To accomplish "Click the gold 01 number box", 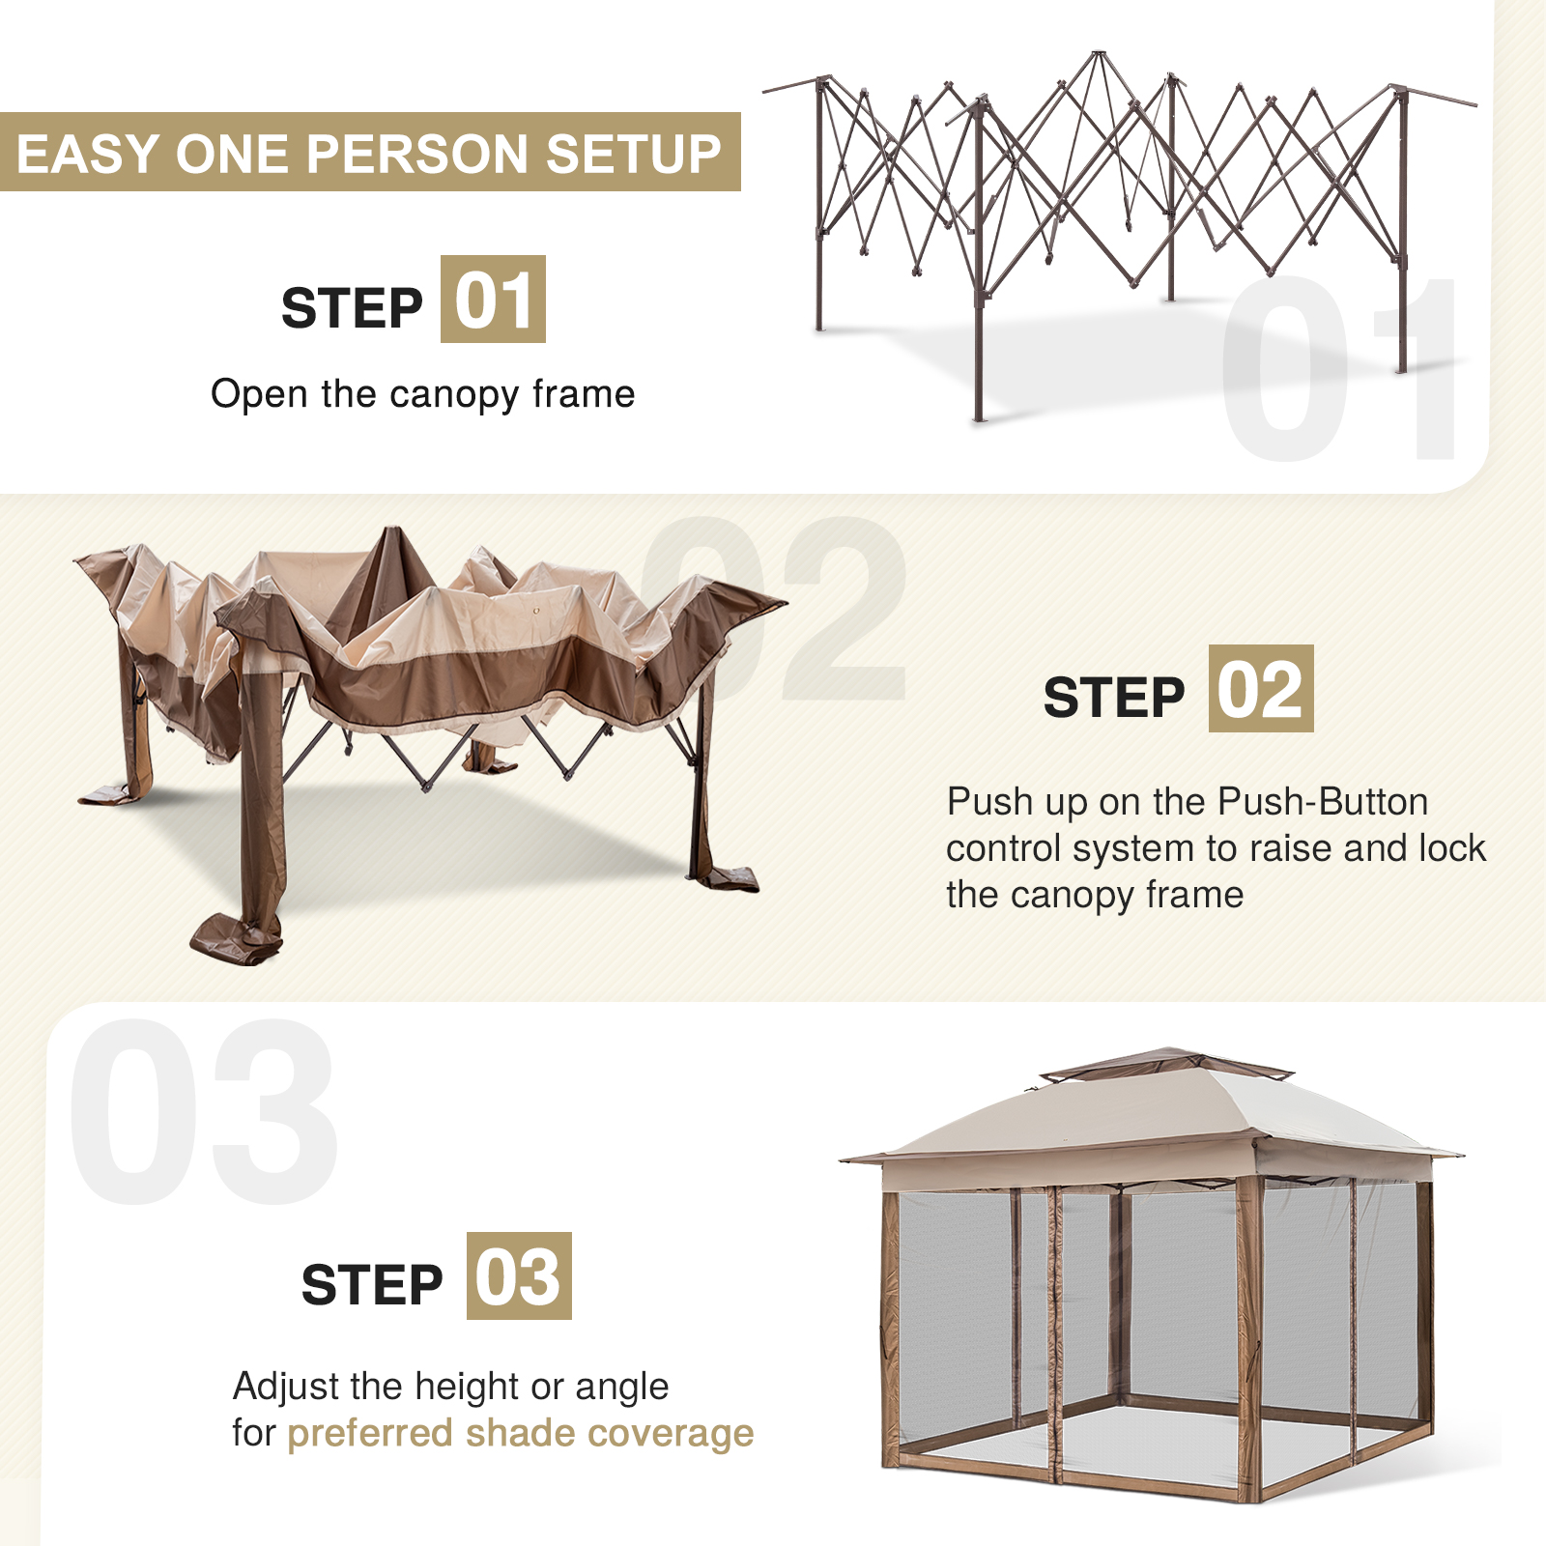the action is point(493,300).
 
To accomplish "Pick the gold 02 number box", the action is point(1261,688).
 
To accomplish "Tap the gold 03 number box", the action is point(519,1275).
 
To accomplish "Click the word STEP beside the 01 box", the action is point(352,308).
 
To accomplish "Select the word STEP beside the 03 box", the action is point(372,1284).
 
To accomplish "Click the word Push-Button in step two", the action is point(1323,802).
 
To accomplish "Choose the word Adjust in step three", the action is point(286,1388).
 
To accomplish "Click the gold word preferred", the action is point(370,1435).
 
